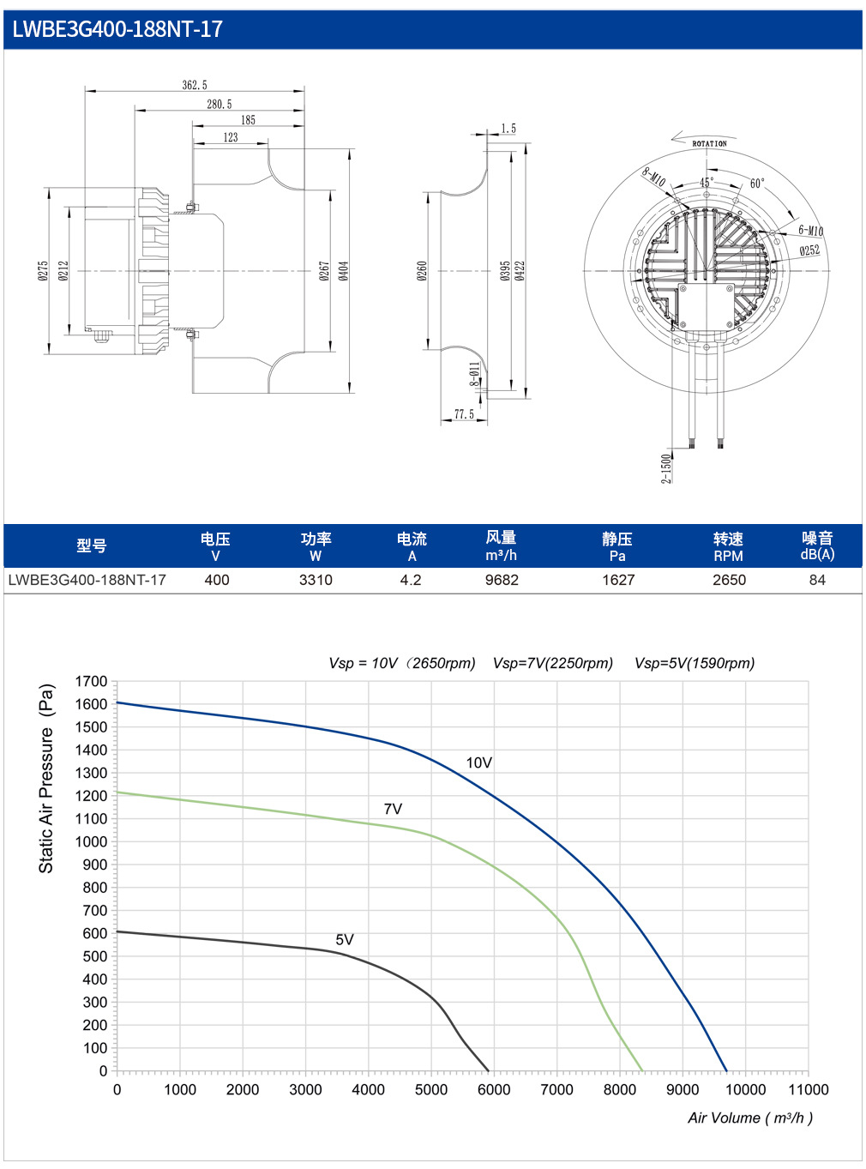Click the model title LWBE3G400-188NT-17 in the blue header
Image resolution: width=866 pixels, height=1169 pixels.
tap(117, 29)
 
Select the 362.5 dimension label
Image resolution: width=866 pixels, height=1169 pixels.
tap(195, 85)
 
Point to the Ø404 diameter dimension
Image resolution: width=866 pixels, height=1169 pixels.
tap(343, 271)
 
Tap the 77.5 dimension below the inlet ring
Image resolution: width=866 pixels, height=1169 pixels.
tap(464, 414)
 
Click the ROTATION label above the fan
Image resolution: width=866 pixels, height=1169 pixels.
tap(709, 143)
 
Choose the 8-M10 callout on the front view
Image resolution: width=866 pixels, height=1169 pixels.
tap(653, 177)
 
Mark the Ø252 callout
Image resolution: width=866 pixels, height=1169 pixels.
tap(809, 250)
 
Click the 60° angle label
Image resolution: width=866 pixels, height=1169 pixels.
tap(757, 183)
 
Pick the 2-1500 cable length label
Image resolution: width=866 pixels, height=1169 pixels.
tap(667, 468)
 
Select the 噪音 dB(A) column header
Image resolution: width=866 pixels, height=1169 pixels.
tap(817, 545)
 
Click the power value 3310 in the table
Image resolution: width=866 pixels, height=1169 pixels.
tap(316, 580)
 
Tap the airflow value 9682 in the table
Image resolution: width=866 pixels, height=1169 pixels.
tap(502, 580)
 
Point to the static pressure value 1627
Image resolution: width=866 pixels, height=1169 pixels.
tap(618, 580)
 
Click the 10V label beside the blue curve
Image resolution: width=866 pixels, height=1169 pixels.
tap(478, 762)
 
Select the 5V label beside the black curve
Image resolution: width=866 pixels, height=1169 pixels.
tap(345, 939)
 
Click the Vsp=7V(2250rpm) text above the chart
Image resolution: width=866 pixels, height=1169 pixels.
tap(553, 663)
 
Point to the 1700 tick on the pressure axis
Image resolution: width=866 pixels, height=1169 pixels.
tap(91, 682)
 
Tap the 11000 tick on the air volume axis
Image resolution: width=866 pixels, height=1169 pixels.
tap(808, 1089)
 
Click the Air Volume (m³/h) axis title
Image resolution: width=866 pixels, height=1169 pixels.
tap(750, 1118)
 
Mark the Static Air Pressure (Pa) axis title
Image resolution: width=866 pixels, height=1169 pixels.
tap(46, 779)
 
